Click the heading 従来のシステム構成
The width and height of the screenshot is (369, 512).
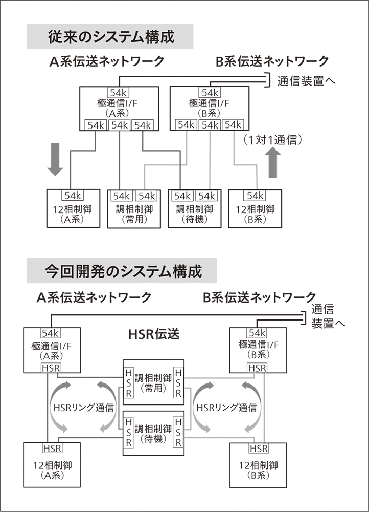tap(110, 37)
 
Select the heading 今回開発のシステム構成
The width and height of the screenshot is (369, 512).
tap(122, 270)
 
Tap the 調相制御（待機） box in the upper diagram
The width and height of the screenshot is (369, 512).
tap(195, 208)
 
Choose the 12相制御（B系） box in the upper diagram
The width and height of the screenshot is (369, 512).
tap(255, 208)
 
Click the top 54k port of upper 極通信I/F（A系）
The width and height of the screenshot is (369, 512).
tap(119, 92)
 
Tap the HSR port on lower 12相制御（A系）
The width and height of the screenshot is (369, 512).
tap(52, 449)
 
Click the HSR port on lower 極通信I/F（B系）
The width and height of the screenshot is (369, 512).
tap(257, 368)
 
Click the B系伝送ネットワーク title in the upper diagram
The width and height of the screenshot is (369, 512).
tap(271, 62)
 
